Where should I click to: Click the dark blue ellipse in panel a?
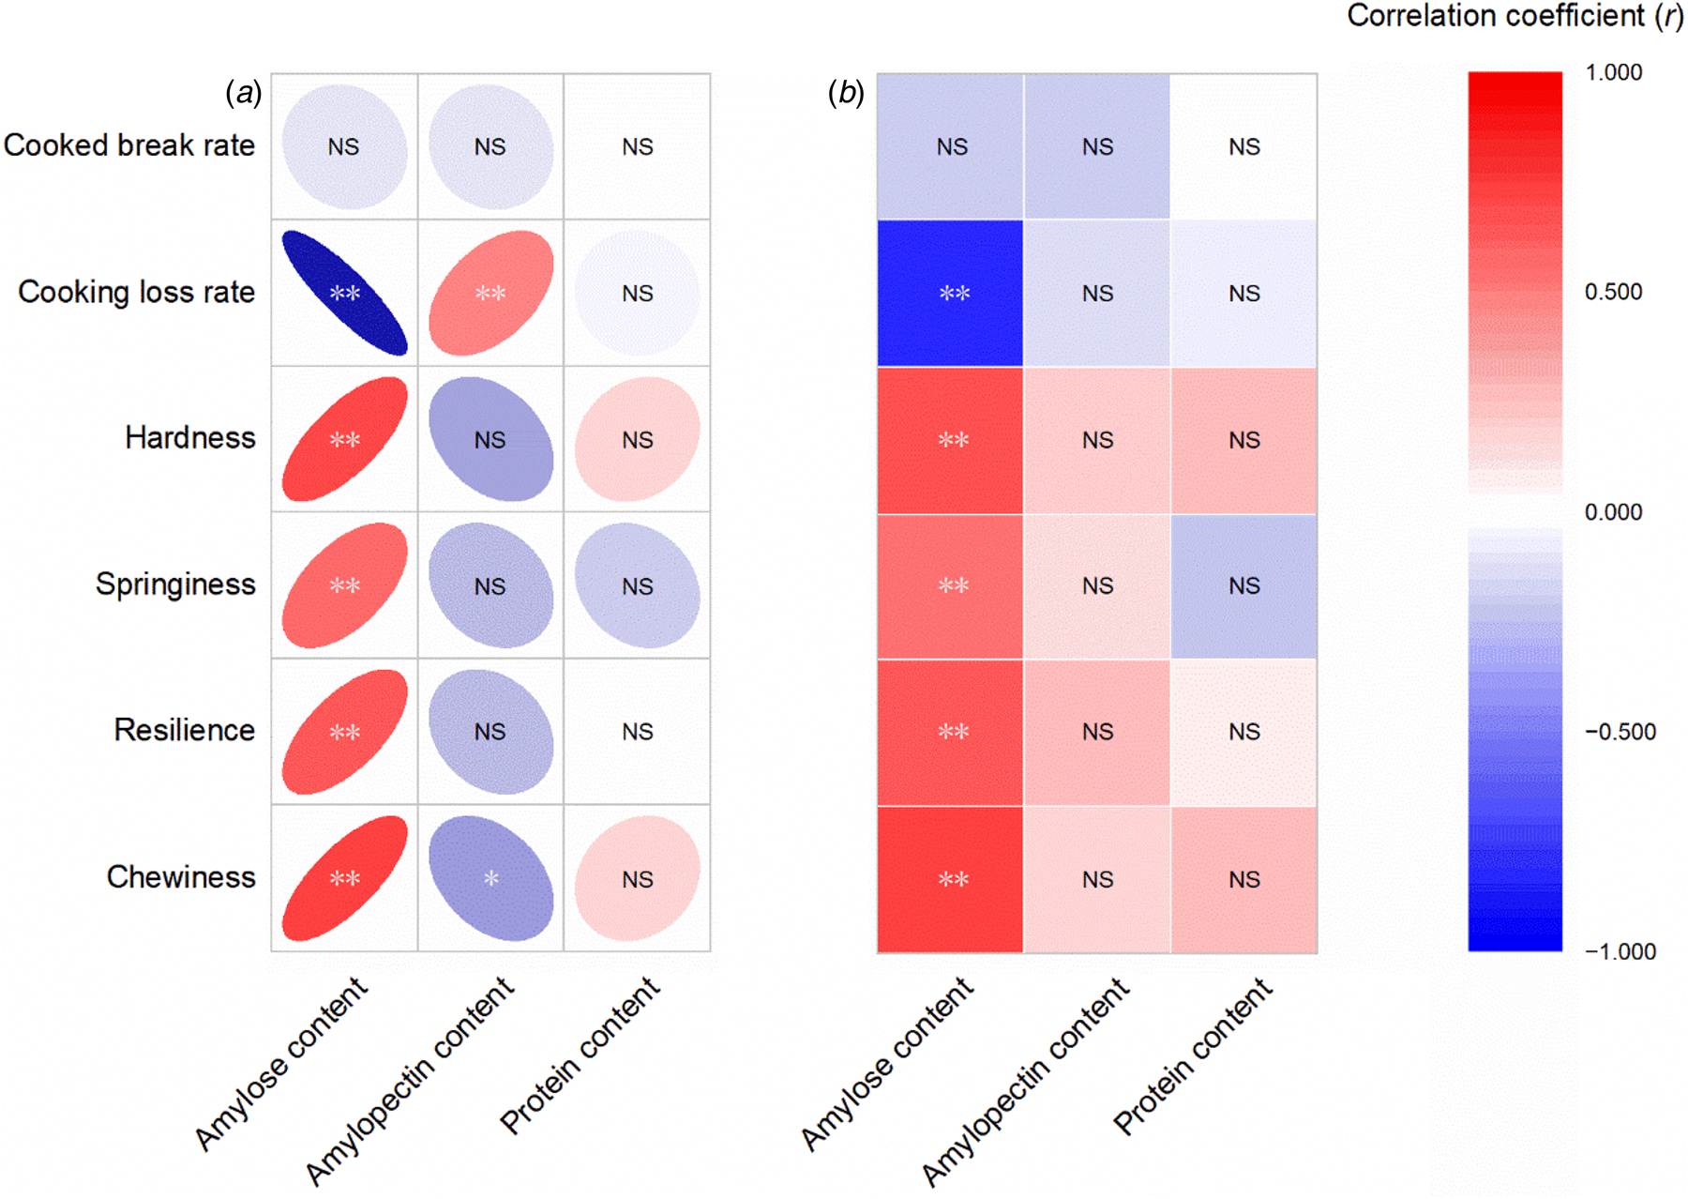pyautogui.click(x=344, y=293)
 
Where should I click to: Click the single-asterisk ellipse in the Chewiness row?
pyautogui.click(x=490, y=878)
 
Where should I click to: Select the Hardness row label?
pyautogui.click(x=190, y=438)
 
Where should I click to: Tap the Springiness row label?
pyautogui.click(x=175, y=584)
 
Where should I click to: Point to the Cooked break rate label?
pyautogui.click(x=129, y=145)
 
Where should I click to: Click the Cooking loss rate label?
pyautogui.click(x=137, y=292)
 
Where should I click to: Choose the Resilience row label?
pyautogui.click(x=185, y=730)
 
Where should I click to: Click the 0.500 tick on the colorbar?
pyautogui.click(x=1613, y=292)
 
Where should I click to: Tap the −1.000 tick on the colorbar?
pyautogui.click(x=1620, y=951)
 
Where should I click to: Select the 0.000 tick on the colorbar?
pyautogui.click(x=1613, y=512)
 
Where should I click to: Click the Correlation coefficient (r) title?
pyautogui.click(x=1515, y=16)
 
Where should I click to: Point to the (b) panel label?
pyautogui.click(x=845, y=93)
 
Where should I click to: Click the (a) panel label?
pyautogui.click(x=243, y=93)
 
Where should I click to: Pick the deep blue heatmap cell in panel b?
pyautogui.click(x=950, y=293)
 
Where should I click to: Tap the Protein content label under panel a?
pyautogui.click(x=580, y=1055)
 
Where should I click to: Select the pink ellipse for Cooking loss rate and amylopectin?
pyautogui.click(x=490, y=293)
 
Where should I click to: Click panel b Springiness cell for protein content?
pyautogui.click(x=1243, y=585)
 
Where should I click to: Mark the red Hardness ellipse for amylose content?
pyautogui.click(x=344, y=439)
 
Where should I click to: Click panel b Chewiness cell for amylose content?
pyautogui.click(x=950, y=879)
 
